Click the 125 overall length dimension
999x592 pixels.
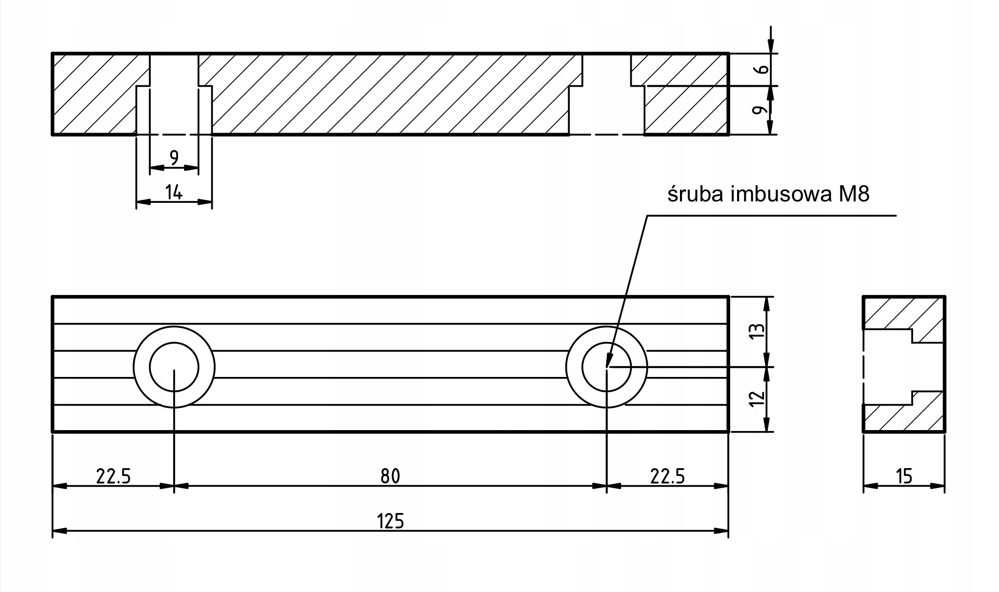[x=391, y=521]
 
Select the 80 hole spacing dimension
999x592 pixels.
[x=390, y=476]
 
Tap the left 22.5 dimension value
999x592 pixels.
[x=113, y=476]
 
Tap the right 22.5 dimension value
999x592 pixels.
[x=667, y=476]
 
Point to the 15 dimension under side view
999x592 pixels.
[x=904, y=476]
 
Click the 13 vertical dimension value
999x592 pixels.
[x=758, y=332]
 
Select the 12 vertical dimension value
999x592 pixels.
[x=758, y=399]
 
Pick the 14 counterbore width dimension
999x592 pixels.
[x=174, y=193]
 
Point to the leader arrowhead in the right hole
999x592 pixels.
[x=608, y=362]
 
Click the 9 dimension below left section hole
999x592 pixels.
[x=174, y=157]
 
